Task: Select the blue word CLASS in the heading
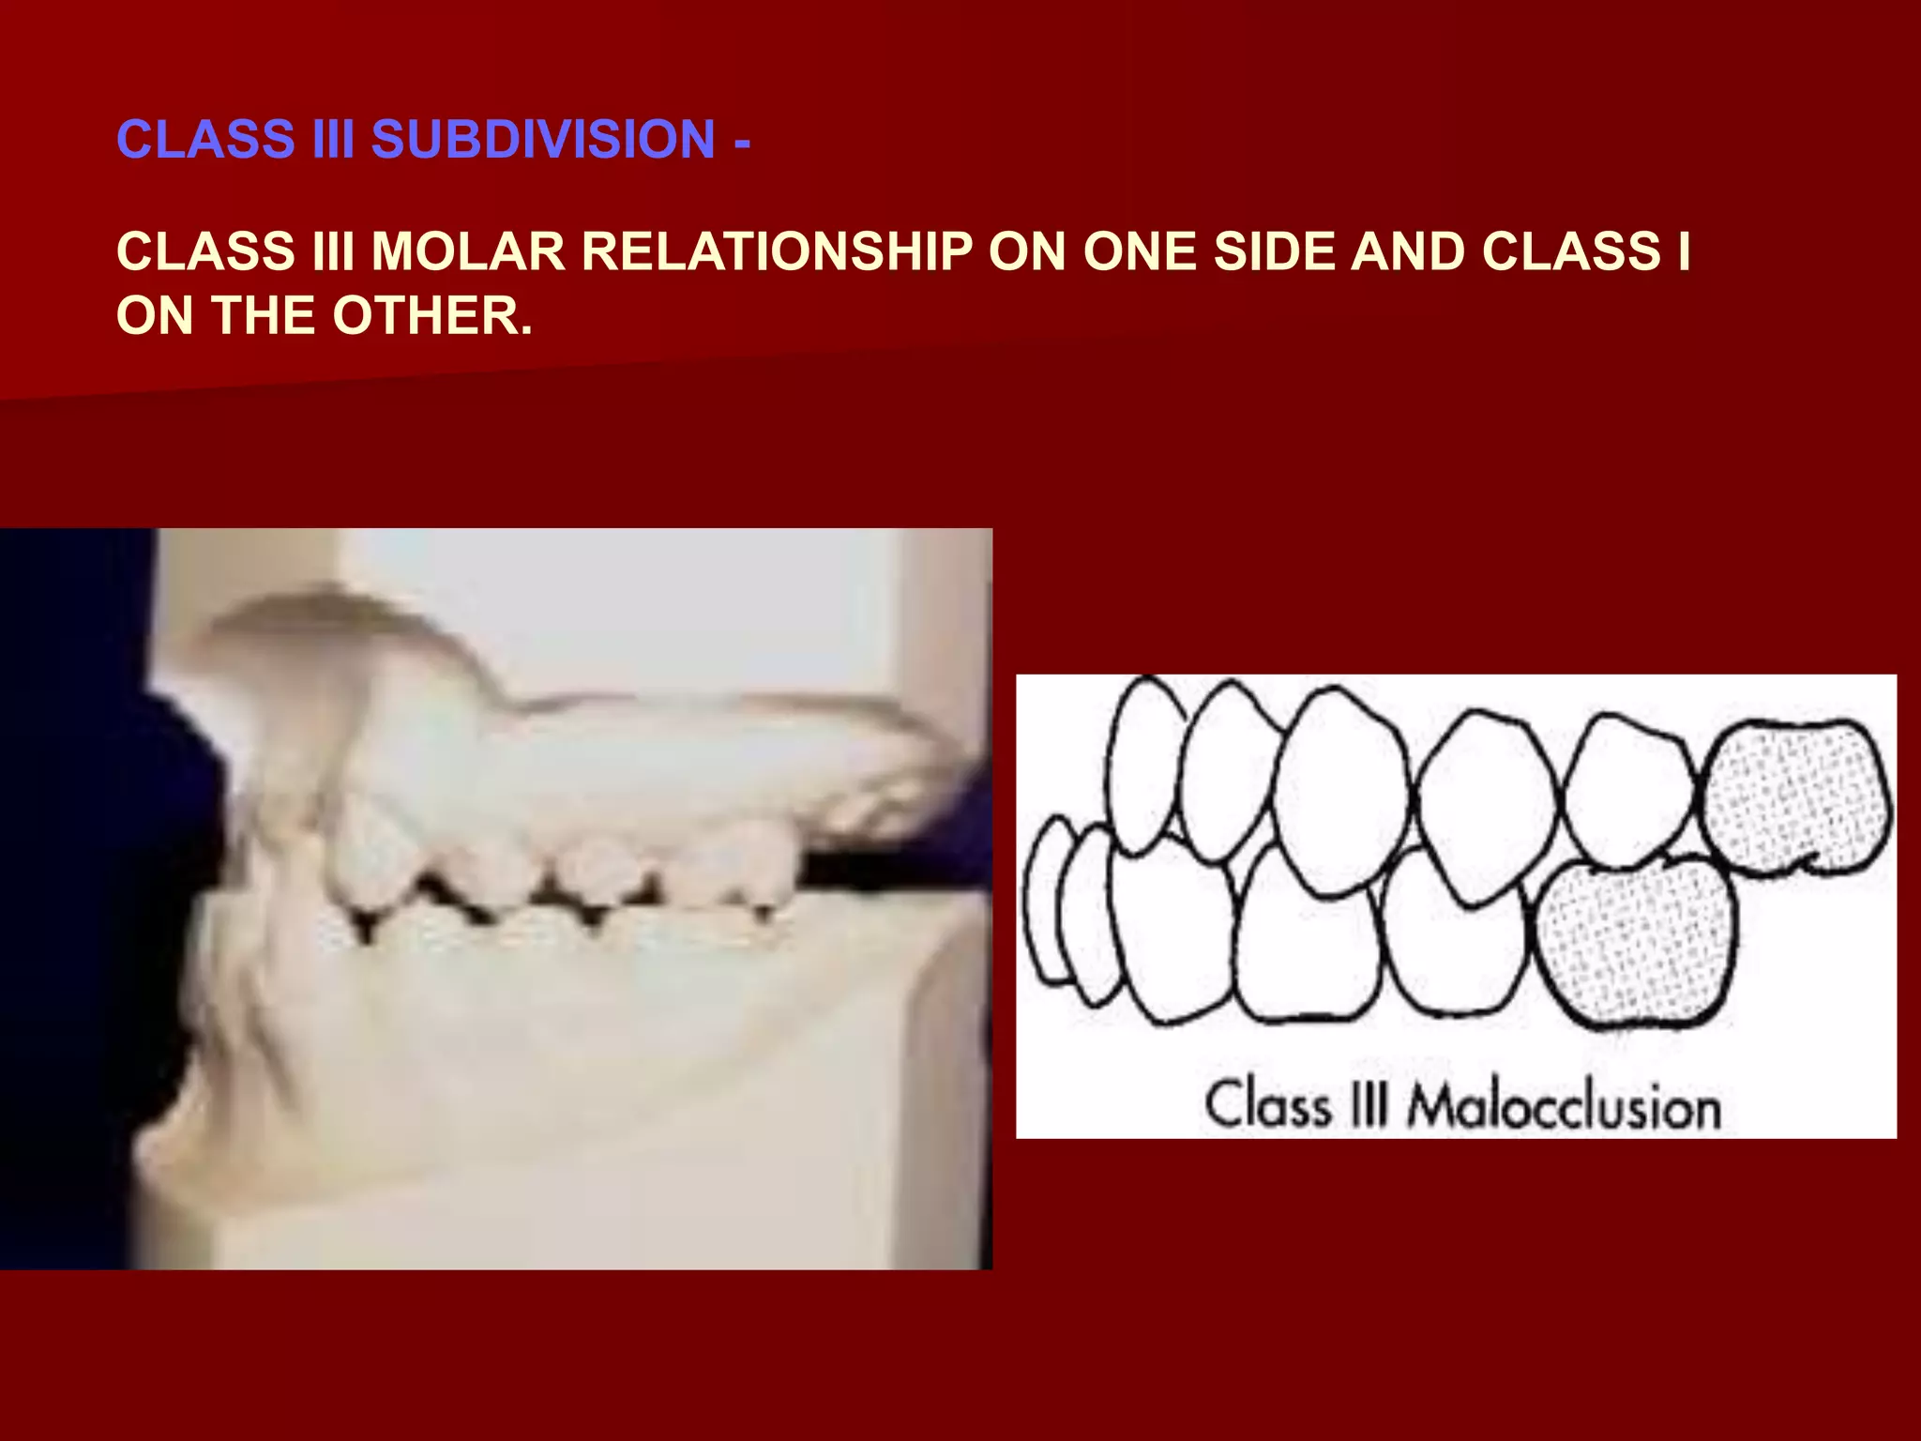[206, 139]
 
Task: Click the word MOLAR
[468, 251]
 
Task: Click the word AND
[1407, 251]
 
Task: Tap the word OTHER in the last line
[432, 315]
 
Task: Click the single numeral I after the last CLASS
[1684, 251]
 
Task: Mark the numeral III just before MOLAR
[334, 251]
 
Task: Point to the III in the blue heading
[334, 139]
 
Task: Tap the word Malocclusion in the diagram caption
[1564, 1107]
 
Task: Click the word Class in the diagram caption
[1268, 1105]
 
